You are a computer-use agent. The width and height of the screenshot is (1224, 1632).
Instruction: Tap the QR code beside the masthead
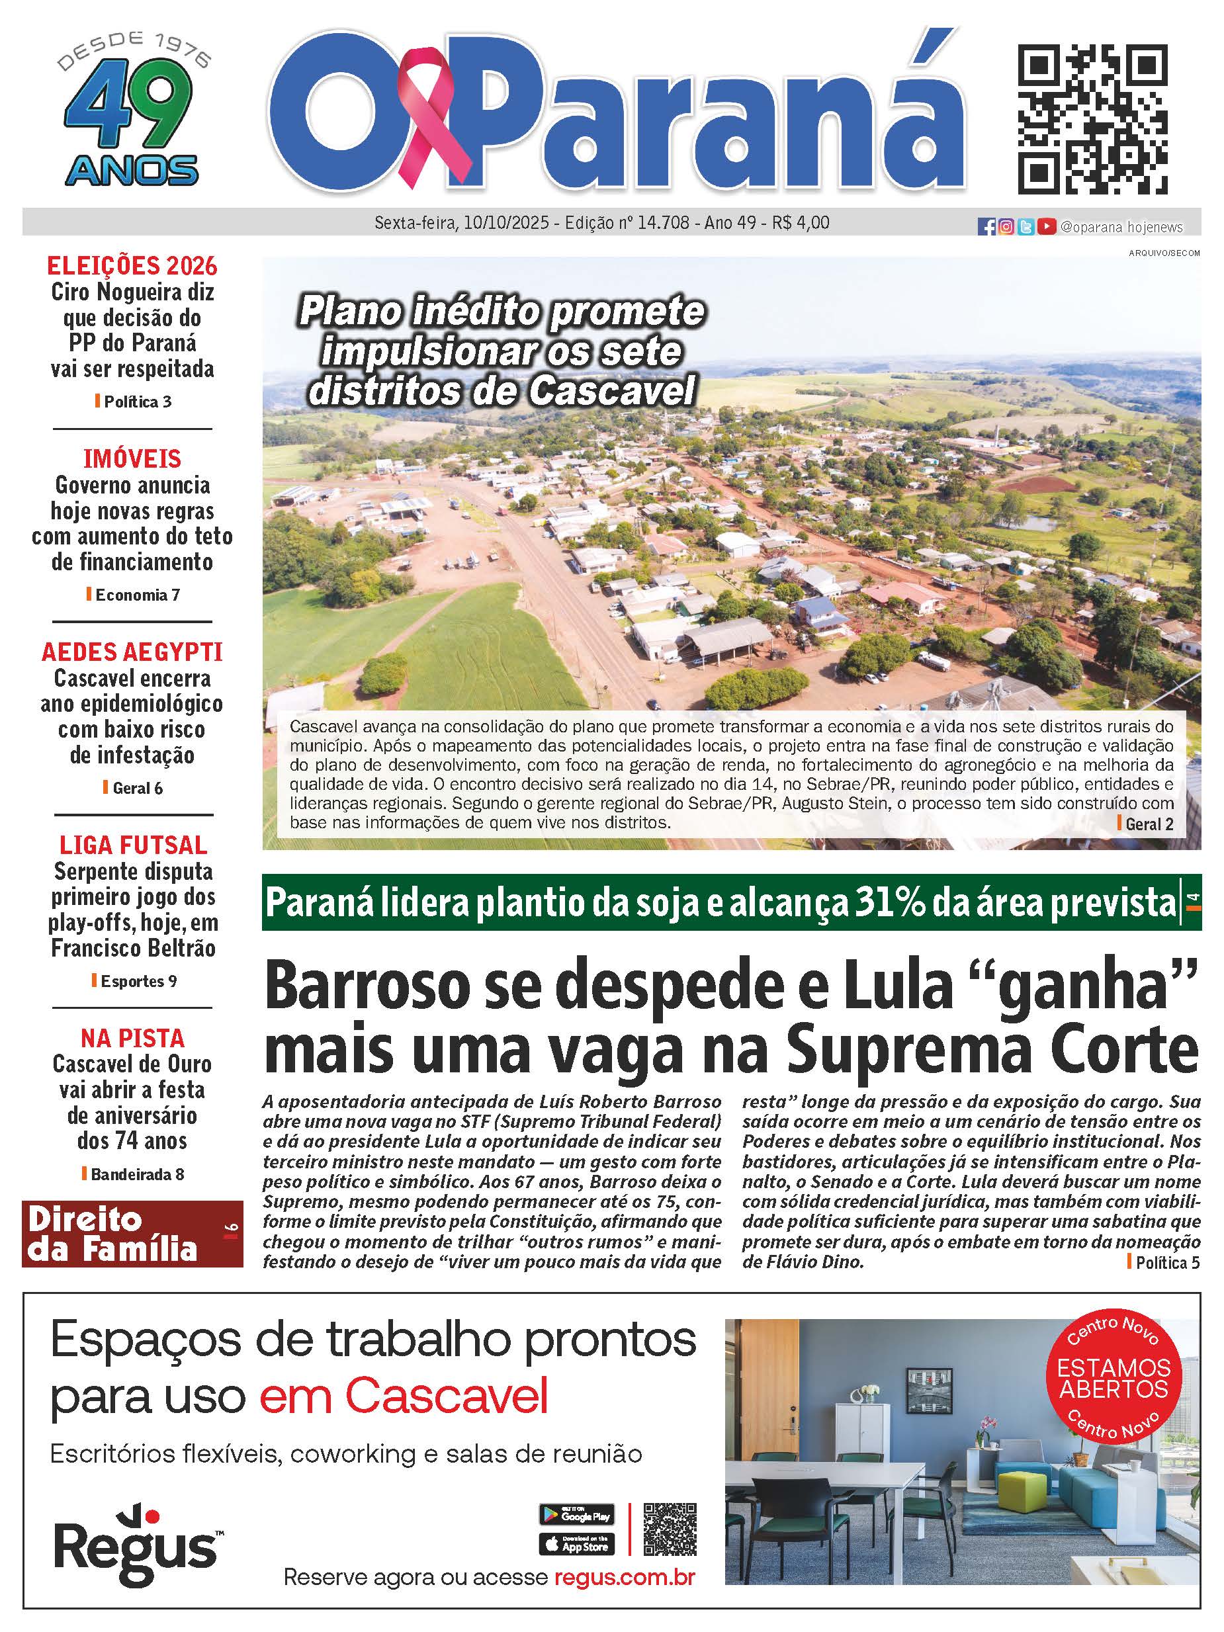[x=1093, y=120]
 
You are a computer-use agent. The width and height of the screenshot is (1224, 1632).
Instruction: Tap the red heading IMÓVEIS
[x=132, y=459]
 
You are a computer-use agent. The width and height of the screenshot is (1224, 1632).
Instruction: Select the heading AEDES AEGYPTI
[x=132, y=652]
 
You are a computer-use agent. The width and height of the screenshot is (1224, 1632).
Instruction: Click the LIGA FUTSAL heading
[x=133, y=845]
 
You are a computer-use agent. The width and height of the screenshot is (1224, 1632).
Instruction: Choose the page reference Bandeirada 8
[x=136, y=1174]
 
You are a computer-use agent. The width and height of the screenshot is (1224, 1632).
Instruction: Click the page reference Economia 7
[x=136, y=595]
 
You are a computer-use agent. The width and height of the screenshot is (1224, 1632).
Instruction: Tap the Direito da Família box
[x=132, y=1234]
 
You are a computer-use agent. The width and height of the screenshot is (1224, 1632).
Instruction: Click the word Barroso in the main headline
[x=367, y=986]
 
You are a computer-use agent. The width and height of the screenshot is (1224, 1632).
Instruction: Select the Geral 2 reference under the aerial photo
[x=1149, y=824]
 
